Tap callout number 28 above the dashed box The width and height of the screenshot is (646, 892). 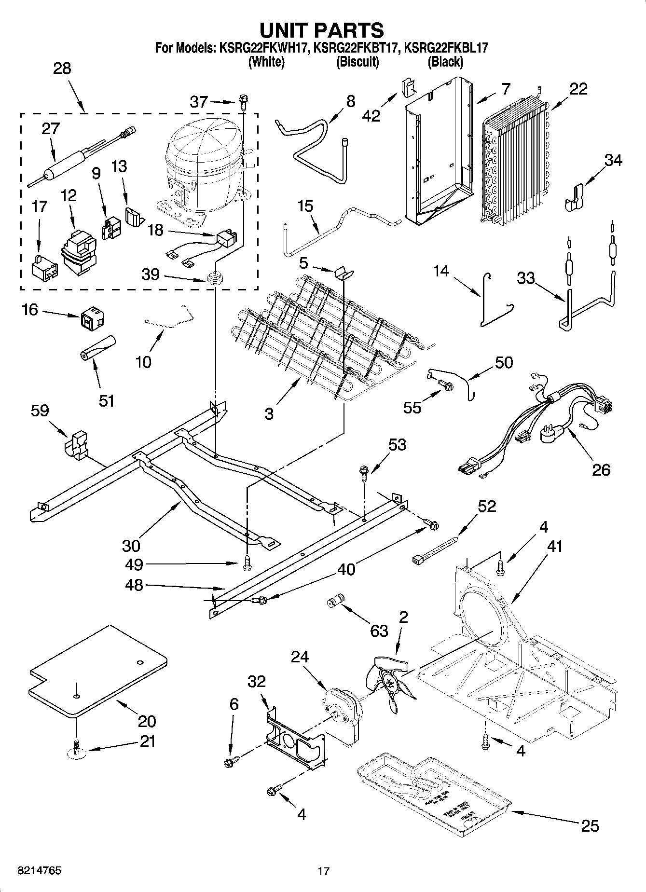tap(62, 68)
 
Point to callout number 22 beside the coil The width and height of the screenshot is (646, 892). tap(578, 89)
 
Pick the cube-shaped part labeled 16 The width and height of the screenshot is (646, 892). tap(93, 316)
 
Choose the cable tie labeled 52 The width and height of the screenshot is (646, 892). tap(434, 550)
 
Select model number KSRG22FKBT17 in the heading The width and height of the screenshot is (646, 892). tap(355, 48)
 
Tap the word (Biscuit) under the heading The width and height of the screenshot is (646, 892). tap(357, 62)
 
